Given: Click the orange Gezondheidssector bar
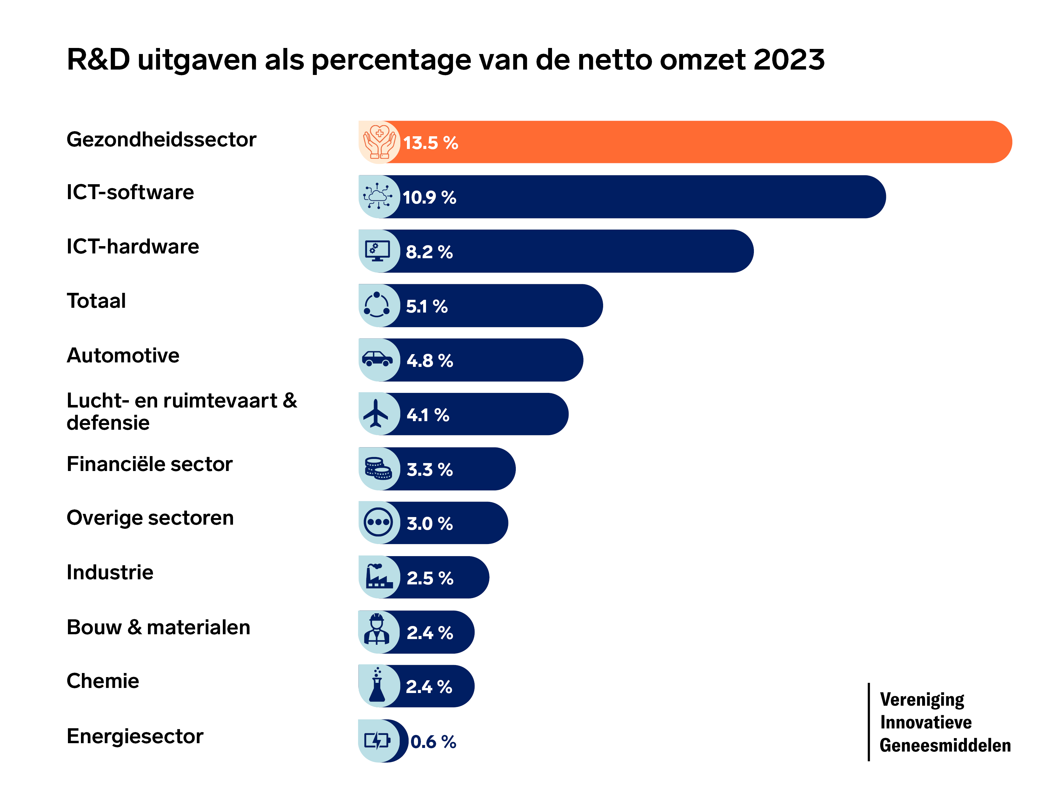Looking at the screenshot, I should (x=694, y=142).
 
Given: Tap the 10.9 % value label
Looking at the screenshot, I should (x=429, y=197).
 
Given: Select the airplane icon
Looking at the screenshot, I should (x=376, y=414).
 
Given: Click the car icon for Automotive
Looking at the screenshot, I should (x=377, y=359).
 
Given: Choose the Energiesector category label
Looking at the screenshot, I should (x=135, y=736).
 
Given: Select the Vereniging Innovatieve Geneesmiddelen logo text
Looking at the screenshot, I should (x=945, y=722).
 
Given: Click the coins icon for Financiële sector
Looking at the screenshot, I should (x=378, y=468).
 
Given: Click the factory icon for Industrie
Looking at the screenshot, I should (x=379, y=577).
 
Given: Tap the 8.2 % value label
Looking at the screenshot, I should (x=429, y=252).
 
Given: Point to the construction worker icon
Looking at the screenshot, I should (x=377, y=631).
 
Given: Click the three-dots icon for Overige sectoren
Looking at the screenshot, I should (x=378, y=522).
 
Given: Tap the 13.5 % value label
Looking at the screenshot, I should (x=430, y=143).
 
